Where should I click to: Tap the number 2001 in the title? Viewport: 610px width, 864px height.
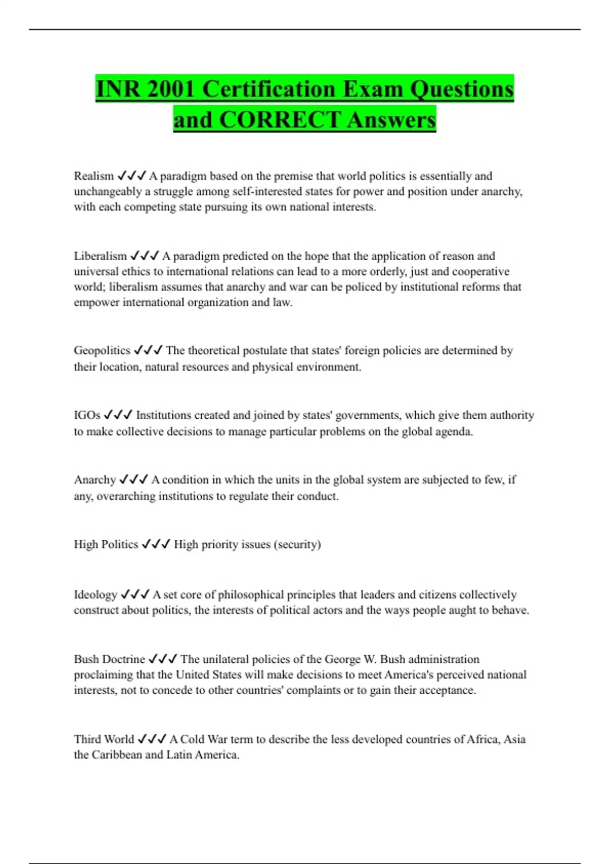tap(170, 89)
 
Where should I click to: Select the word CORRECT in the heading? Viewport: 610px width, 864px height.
tap(280, 120)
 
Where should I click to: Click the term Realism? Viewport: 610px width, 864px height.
tap(94, 176)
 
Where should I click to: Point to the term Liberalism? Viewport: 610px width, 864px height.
tap(100, 256)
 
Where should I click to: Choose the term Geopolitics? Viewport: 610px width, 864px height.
tap(102, 350)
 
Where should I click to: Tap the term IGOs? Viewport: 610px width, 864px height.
tap(87, 415)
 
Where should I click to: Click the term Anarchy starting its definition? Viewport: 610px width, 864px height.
tap(95, 479)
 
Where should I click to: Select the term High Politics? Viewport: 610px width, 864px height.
tap(106, 544)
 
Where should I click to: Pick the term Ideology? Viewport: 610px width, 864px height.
tap(96, 594)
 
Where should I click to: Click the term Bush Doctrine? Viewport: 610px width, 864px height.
tap(109, 659)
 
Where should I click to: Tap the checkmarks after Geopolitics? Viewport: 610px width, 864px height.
tap(148, 350)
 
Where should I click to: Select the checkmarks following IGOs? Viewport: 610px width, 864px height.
tap(118, 415)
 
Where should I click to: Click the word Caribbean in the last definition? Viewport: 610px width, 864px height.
tap(116, 754)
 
